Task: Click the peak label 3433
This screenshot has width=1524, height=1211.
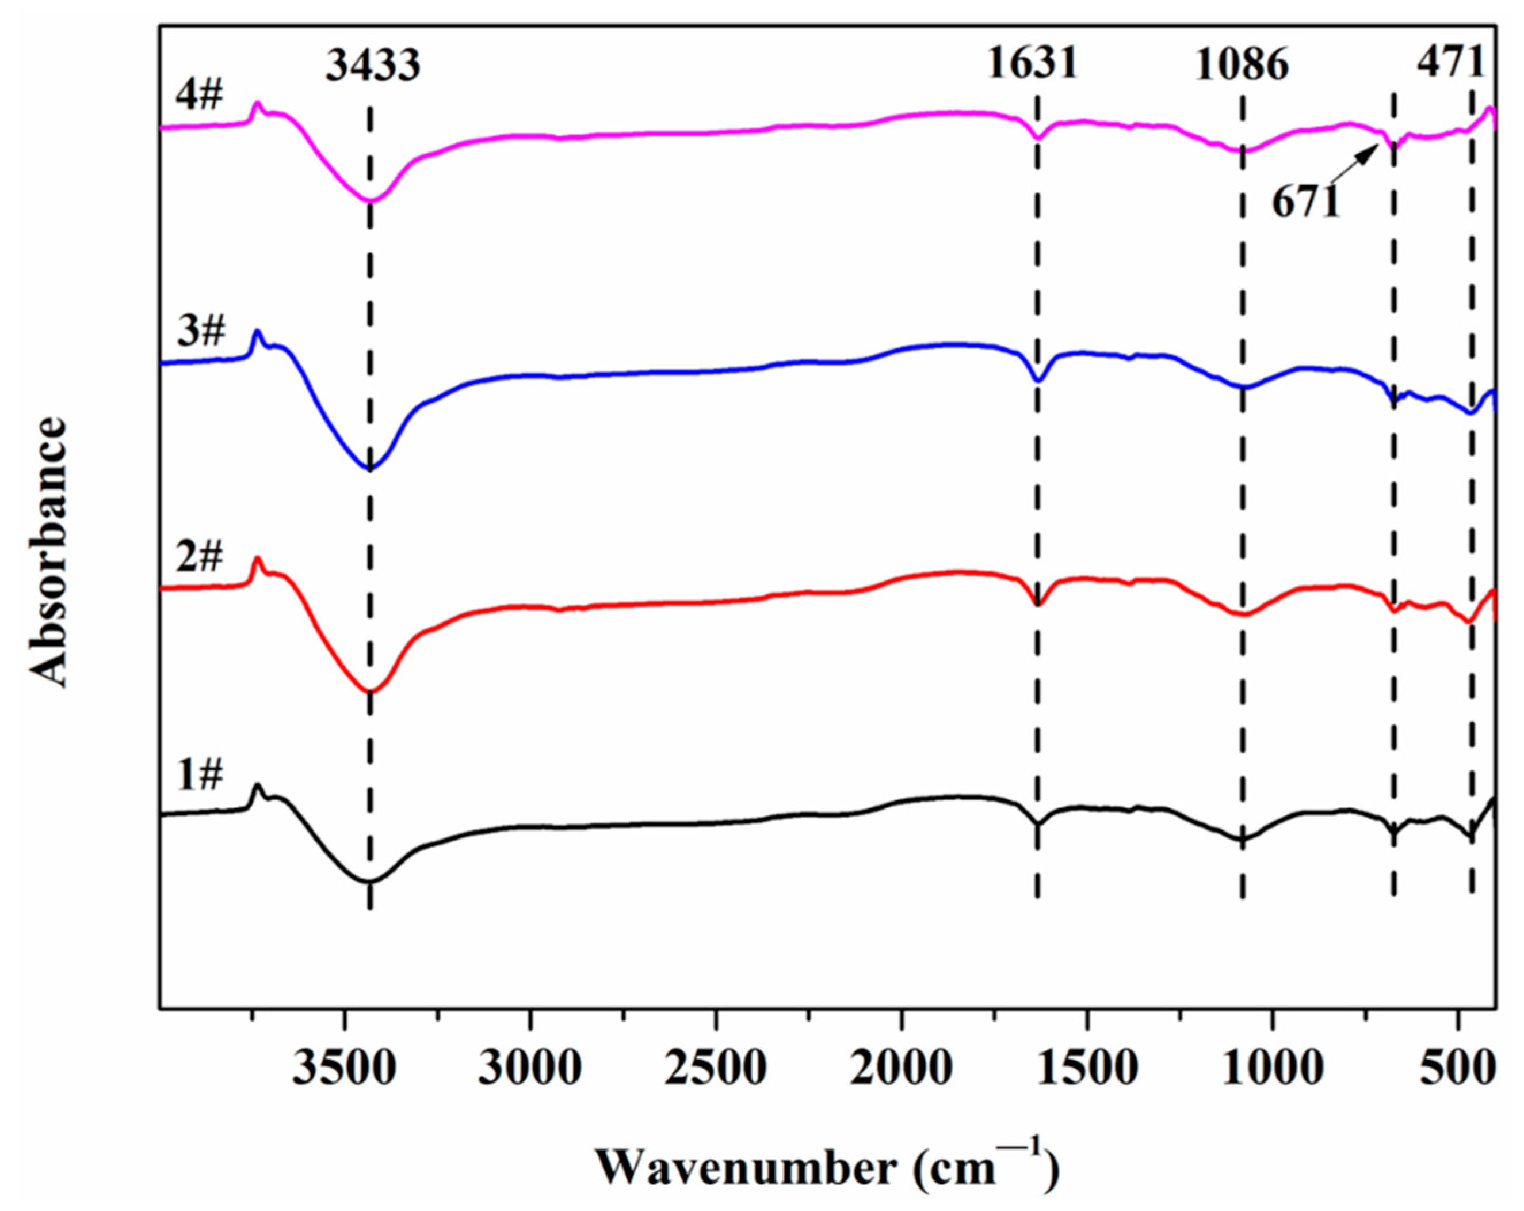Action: [373, 66]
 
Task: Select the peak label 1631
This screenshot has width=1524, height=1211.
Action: [1032, 64]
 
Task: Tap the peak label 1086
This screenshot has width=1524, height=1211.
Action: [1242, 66]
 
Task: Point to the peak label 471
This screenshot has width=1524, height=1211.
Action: [1450, 64]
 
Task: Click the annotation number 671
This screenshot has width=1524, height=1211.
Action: [1307, 203]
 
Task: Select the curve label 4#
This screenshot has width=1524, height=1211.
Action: [199, 95]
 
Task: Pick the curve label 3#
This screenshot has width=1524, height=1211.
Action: [201, 331]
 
